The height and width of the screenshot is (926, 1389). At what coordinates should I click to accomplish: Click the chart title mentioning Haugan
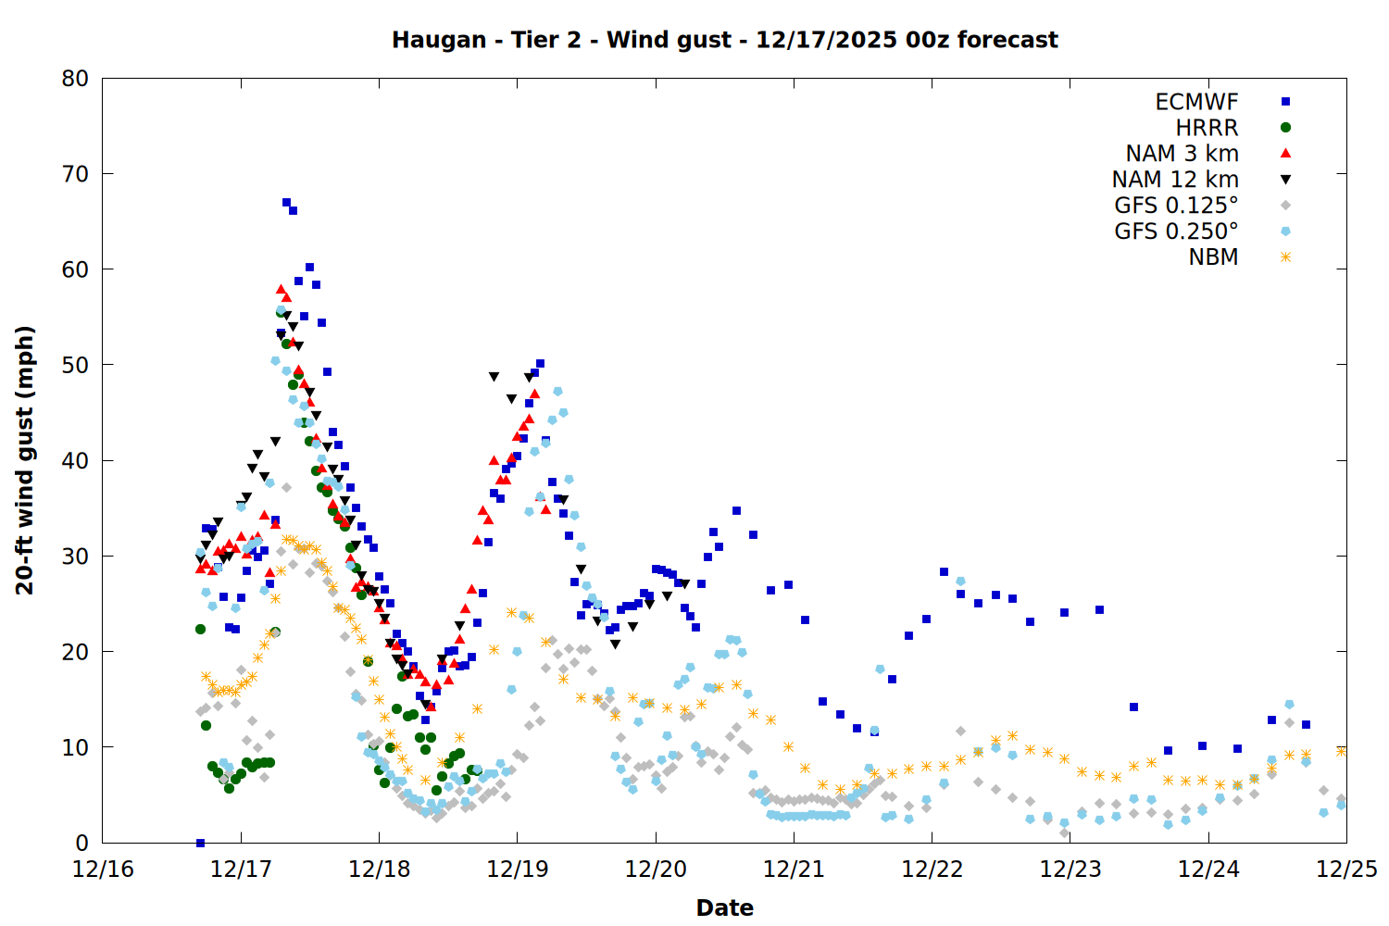coord(724,40)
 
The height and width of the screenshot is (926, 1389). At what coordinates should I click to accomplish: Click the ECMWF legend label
coord(1196,102)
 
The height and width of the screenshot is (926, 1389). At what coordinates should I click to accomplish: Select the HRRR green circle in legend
coord(1285,128)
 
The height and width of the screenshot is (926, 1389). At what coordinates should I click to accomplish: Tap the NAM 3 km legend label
coord(1182,154)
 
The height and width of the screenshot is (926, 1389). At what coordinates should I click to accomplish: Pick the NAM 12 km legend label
coord(1175,180)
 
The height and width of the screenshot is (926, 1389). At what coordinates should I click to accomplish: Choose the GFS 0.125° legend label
coord(1176,206)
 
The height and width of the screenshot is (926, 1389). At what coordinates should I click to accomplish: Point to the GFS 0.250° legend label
coord(1176,231)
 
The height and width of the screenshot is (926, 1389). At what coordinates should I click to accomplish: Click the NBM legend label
coord(1213,257)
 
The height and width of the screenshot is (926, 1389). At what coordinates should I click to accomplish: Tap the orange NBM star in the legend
coord(1285,257)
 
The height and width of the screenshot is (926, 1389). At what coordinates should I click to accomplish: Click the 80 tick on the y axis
coord(75,79)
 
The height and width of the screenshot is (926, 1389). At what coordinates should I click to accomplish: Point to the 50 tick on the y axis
coord(75,365)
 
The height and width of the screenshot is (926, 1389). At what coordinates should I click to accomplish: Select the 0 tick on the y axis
coord(82,843)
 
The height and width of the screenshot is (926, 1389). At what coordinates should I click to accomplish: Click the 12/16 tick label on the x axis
coord(103,870)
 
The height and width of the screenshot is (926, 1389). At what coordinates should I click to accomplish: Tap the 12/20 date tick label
coord(656,870)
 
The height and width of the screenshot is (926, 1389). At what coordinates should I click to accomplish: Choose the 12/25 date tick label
coord(1346,870)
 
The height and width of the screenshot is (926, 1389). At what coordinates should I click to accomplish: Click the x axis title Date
coord(724,907)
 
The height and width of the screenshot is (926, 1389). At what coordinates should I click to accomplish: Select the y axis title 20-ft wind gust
coord(25,460)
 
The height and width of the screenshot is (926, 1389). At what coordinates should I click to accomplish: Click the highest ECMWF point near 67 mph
coord(286,202)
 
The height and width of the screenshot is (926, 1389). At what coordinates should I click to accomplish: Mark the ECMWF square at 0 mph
coord(200,843)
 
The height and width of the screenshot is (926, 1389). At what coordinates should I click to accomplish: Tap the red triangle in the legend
coord(1285,154)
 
